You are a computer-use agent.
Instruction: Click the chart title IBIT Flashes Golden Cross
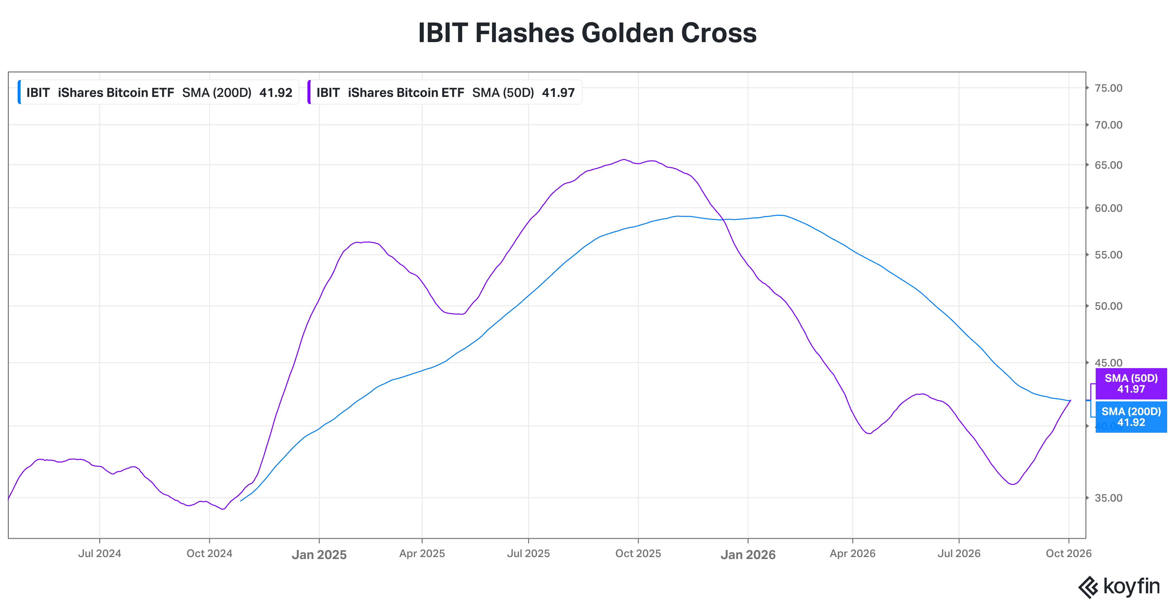587,33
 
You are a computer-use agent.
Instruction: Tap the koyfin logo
1119,587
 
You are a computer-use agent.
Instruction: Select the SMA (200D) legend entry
158,93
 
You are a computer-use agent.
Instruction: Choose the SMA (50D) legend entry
445,93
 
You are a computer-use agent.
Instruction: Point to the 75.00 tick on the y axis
1108,88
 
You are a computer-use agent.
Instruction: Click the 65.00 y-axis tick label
1108,165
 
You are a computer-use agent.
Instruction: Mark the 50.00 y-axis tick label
1108,306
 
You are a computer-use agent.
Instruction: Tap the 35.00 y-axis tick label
1108,498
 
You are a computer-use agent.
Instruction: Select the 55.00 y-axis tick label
1108,255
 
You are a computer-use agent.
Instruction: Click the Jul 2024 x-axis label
100,553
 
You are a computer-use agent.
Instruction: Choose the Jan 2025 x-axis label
319,554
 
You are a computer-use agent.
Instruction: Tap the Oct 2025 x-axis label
638,553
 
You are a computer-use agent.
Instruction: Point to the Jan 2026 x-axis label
748,554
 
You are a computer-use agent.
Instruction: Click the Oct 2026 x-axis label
1069,553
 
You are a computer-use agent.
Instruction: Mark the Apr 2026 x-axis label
853,553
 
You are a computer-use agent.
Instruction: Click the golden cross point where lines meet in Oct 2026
1070,401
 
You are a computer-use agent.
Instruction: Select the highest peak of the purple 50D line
623,160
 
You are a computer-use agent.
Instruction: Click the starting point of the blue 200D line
240,501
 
